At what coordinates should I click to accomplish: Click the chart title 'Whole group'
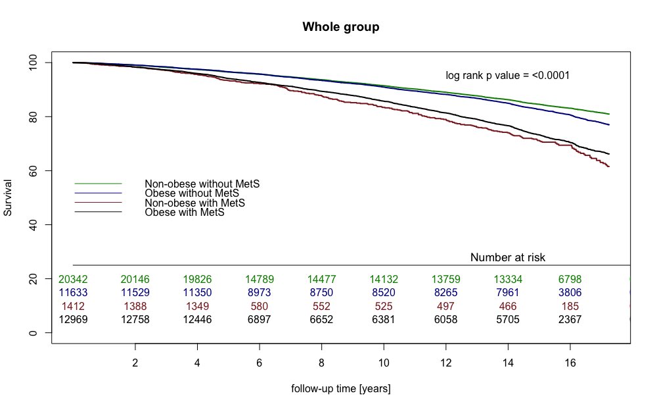click(340, 27)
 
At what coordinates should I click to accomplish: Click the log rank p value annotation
click(507, 76)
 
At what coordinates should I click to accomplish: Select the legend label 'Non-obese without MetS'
click(202, 184)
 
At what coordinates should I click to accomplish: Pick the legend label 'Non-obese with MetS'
click(195, 203)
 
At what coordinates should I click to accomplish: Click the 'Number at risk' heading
click(508, 257)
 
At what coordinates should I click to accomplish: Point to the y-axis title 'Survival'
click(9, 197)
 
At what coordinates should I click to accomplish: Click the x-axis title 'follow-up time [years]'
click(340, 389)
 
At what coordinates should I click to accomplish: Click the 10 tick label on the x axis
click(384, 363)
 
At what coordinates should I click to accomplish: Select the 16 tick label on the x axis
click(570, 363)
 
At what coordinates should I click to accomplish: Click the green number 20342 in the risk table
click(73, 279)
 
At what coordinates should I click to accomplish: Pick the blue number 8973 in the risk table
click(259, 292)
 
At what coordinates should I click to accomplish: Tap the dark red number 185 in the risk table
click(570, 306)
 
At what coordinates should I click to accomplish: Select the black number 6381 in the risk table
click(384, 320)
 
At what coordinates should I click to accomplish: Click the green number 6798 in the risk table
click(570, 279)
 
